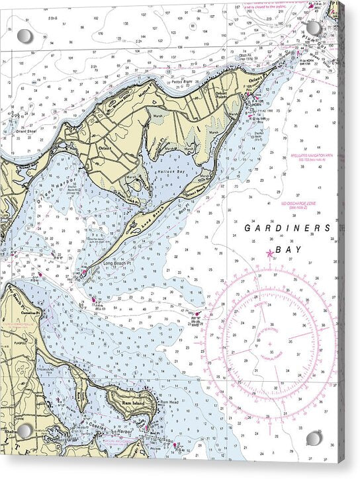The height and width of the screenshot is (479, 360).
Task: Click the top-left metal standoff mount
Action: (24, 36)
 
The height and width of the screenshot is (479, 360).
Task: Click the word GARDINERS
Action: (287, 228)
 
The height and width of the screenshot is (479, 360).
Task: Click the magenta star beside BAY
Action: (269, 253)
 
